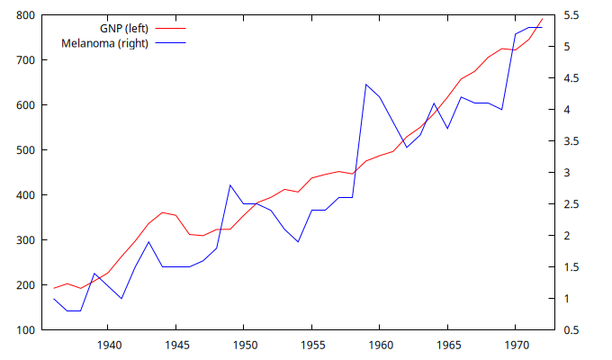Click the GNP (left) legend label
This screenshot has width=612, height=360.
pos(124,29)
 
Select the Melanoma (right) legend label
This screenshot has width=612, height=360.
pos(104,43)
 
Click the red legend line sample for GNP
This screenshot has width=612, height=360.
pos(169,29)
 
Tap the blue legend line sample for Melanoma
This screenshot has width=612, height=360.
pos(169,43)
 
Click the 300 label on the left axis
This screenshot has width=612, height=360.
pos(25,240)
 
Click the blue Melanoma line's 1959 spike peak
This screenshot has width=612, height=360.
pos(366,85)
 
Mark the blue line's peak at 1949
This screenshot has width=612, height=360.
pos(230,185)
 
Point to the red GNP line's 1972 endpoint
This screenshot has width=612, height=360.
pos(542,19)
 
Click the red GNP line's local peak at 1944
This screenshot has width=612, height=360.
pos(162,212)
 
